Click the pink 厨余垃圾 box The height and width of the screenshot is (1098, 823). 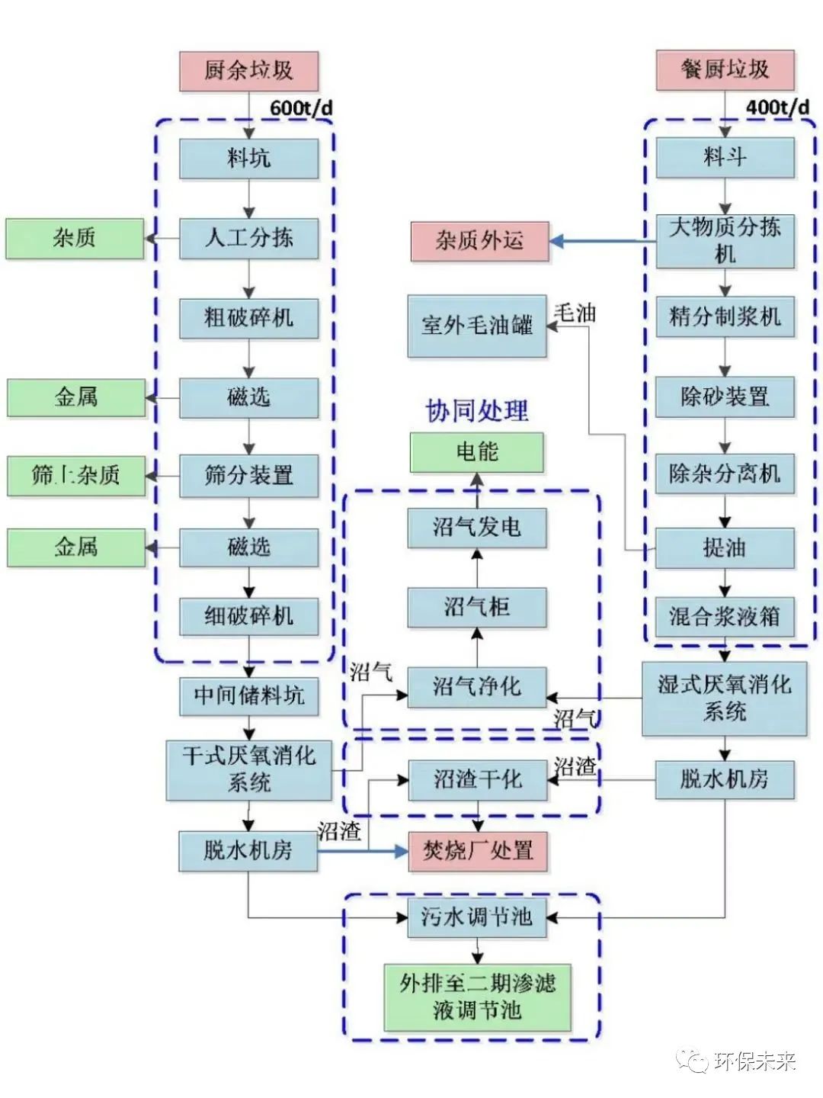click(x=248, y=71)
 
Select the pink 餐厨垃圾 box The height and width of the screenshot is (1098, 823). click(x=725, y=70)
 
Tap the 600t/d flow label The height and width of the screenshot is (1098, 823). click(x=301, y=108)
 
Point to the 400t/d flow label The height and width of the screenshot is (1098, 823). click(x=777, y=107)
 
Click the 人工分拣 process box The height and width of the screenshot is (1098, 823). click(x=248, y=238)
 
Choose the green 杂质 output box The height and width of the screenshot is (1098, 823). click(x=75, y=238)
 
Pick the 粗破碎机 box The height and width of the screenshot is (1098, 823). click(x=248, y=317)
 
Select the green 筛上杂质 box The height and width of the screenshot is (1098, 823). click(x=75, y=476)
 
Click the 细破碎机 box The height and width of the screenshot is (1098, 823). click(x=248, y=615)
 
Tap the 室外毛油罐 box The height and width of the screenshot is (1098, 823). click(x=477, y=326)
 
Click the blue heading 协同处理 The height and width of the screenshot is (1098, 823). click(x=476, y=411)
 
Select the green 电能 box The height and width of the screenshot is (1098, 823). click(x=477, y=452)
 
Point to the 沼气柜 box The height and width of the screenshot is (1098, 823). click(x=477, y=607)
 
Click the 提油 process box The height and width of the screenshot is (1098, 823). click(x=725, y=547)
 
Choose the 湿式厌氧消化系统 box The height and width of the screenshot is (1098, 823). click(x=724, y=698)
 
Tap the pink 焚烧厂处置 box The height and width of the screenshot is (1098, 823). click(x=478, y=850)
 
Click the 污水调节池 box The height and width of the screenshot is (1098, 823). click(x=477, y=917)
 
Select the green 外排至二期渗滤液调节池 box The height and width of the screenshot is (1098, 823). click(x=477, y=997)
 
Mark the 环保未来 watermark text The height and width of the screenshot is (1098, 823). click(x=755, y=1061)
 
